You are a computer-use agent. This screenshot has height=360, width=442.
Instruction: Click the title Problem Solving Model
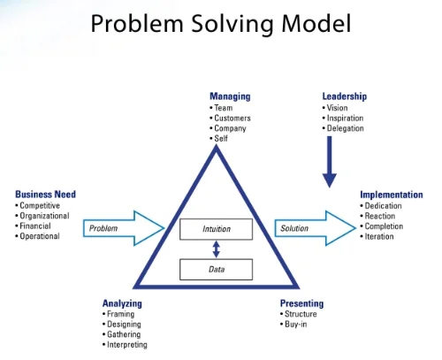tap(220, 24)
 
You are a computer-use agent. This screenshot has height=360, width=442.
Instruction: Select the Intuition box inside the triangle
tap(216, 229)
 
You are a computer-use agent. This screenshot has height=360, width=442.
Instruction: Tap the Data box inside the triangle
tap(216, 268)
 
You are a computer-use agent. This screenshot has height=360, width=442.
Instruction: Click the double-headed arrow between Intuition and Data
tap(216, 249)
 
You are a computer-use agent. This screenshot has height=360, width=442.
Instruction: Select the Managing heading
tap(230, 96)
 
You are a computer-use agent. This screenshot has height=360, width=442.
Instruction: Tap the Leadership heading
tap(345, 96)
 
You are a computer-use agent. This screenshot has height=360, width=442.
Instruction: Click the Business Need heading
tap(45, 195)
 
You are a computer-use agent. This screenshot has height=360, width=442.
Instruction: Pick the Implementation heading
tap(391, 195)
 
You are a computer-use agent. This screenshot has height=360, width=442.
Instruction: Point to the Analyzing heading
tap(122, 303)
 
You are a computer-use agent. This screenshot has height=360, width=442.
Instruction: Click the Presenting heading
tap(302, 303)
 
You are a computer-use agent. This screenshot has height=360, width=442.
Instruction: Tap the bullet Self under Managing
tap(222, 139)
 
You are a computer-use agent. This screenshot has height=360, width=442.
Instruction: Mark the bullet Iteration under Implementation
tap(380, 236)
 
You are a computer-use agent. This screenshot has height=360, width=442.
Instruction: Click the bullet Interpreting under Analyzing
tap(126, 345)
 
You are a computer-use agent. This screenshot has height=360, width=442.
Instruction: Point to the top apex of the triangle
tap(216, 147)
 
